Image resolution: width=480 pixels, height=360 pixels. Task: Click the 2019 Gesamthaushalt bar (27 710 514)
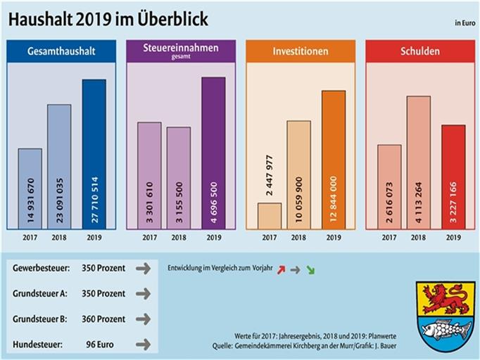pos(94,153)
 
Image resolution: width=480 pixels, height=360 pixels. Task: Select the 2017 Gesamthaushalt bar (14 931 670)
pos(30,188)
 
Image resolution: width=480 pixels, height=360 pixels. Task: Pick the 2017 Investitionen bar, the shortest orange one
pos(270,215)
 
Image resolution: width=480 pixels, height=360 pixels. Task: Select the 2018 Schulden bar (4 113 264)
pos(418,162)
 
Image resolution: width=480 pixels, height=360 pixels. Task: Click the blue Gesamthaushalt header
pos(61,51)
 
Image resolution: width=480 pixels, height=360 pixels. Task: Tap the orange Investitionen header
pos(301,51)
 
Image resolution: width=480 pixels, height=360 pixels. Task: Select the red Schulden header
pos(420,51)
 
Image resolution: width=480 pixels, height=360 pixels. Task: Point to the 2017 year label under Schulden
pos(389,238)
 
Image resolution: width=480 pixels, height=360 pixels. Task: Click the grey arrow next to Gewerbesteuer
pos(143,269)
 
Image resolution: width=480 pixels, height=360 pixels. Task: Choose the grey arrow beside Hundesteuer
pos(143,344)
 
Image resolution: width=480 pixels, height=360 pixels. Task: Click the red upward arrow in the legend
pos(282,269)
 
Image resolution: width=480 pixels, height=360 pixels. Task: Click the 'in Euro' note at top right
pos(464,24)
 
